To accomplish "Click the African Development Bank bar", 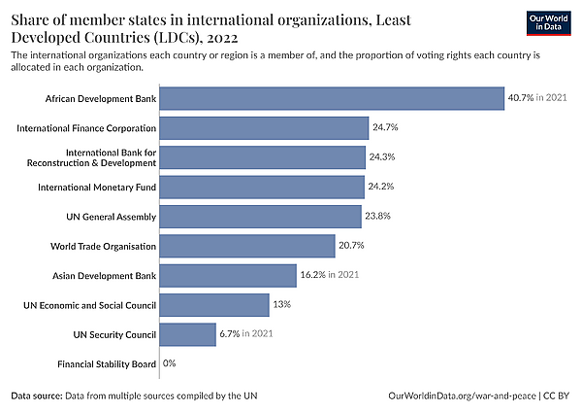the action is tap(332, 98).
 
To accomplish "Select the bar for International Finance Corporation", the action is tap(264, 128).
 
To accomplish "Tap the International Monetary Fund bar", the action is tap(262, 187).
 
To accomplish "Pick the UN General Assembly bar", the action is tap(261, 217).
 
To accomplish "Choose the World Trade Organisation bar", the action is tap(247, 246).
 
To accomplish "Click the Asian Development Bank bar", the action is tap(228, 276).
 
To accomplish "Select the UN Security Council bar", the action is tap(188, 334).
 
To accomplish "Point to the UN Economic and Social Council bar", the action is tap(214, 305).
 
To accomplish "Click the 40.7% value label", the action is tap(521, 97).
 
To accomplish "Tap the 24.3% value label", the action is tap(382, 156).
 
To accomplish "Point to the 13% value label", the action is tap(282, 304).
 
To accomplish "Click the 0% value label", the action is tap(169, 362).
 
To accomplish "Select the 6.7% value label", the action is tap(230, 333).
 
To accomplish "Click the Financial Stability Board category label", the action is tap(107, 364).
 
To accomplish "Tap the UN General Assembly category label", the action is tap(112, 217).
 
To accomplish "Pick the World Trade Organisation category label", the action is tap(103, 246).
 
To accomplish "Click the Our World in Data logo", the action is tap(549, 23).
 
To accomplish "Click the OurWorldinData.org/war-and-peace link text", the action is tap(462, 395).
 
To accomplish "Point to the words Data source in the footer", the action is tap(37, 395).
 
